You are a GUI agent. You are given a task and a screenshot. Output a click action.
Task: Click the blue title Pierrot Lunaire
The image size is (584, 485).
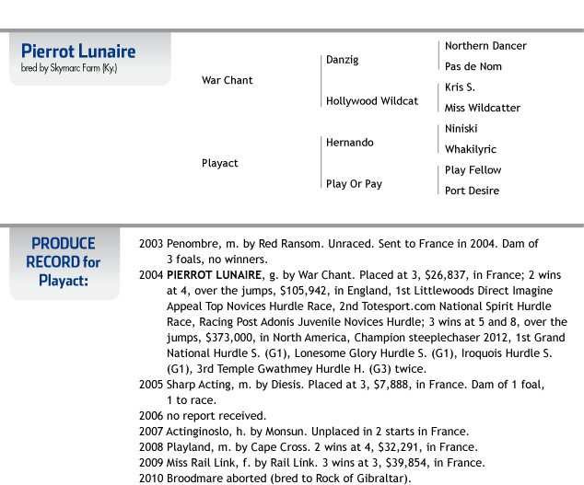click(78, 51)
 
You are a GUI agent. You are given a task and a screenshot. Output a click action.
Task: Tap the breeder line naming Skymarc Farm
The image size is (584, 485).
click(69, 68)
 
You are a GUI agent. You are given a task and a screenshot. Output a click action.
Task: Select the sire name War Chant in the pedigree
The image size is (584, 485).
click(228, 80)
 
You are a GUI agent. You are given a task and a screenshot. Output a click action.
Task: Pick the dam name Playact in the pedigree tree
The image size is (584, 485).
click(220, 163)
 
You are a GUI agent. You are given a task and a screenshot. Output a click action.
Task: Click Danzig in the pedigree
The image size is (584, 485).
click(343, 60)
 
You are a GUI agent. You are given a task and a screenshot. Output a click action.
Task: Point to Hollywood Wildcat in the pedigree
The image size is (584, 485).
click(372, 101)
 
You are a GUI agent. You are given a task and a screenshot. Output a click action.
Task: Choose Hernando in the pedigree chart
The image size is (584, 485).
click(350, 143)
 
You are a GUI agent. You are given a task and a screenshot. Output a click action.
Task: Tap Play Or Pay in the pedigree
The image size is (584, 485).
click(354, 184)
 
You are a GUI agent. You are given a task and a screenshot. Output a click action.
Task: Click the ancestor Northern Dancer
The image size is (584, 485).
click(485, 46)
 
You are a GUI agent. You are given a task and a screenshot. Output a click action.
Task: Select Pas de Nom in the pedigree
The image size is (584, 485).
click(473, 66)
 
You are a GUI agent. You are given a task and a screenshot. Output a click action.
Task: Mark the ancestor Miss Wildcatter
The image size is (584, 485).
click(483, 108)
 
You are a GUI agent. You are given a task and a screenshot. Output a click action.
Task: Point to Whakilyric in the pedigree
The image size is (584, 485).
click(471, 149)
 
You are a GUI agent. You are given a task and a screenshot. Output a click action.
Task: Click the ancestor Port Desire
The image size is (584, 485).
click(472, 191)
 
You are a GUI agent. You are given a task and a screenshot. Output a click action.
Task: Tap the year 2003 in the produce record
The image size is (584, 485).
click(151, 244)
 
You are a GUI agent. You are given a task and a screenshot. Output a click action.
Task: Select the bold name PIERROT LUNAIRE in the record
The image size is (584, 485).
click(214, 275)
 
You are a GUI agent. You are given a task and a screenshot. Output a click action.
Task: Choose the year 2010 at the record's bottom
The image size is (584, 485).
click(151, 479)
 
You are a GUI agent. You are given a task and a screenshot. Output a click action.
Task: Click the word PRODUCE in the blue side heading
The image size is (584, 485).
click(64, 244)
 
